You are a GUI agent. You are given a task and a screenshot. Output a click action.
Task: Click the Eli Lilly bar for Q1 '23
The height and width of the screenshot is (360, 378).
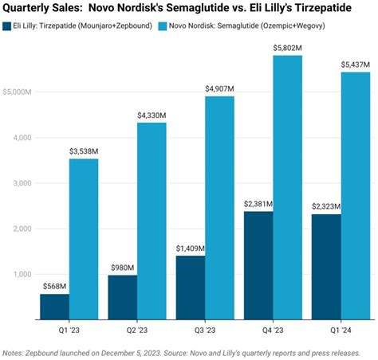(x=53, y=307)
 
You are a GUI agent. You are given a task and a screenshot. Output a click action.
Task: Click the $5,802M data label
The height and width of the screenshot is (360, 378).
(x=286, y=47)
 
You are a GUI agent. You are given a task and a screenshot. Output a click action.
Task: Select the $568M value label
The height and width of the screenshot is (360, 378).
(x=53, y=286)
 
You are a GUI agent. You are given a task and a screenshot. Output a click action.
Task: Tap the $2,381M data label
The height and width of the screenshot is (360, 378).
(x=259, y=203)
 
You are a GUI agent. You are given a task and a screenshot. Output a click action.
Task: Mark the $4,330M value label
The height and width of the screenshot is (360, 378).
(x=151, y=115)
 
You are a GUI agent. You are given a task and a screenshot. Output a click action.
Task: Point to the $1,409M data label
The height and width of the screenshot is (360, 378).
(x=189, y=248)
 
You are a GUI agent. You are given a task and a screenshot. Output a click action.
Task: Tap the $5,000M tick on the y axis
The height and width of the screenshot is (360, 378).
(x=17, y=92)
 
